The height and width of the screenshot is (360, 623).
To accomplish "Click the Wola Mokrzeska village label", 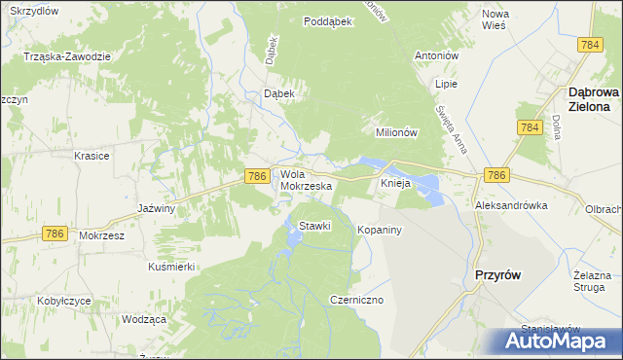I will click(307, 179).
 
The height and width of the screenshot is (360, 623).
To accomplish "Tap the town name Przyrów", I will click(496, 275).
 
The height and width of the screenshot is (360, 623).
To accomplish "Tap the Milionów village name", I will click(396, 132).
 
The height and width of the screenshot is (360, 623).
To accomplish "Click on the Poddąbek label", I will click(327, 21).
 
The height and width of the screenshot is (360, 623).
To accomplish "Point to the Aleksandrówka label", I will click(511, 206).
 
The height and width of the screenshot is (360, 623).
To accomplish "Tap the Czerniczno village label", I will click(357, 300).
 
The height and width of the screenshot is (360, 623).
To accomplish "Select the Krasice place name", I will click(92, 156).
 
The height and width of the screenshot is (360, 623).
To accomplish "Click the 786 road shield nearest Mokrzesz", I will click(55, 234).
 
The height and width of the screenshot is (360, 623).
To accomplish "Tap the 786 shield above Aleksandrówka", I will click(495, 174).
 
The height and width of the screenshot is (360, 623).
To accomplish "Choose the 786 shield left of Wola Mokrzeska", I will click(256, 175).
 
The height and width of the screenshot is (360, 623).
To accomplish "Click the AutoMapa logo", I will click(559, 342).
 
